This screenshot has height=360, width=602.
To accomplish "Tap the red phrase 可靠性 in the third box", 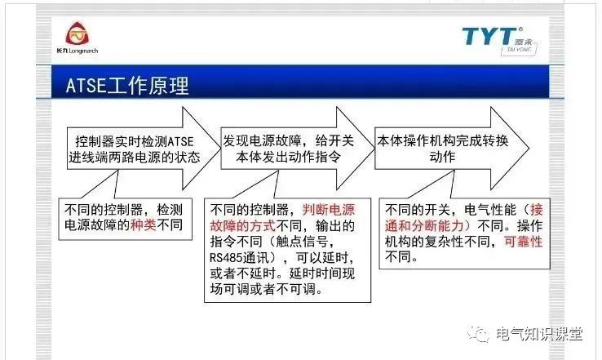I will [523, 242].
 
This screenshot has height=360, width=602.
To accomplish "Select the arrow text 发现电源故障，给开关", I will [287, 140].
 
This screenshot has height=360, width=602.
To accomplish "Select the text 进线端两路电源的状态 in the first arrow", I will [135, 158].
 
